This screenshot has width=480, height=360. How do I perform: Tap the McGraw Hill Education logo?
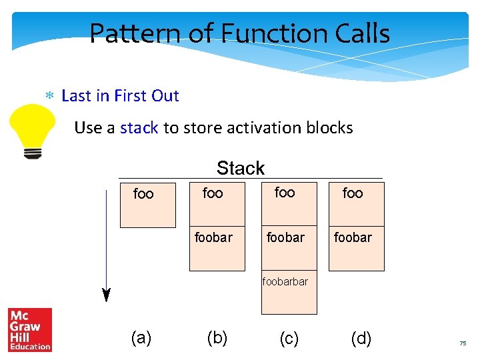point(29,329)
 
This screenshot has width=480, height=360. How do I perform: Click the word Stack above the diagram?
point(241,168)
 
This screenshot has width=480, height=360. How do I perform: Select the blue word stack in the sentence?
point(139,127)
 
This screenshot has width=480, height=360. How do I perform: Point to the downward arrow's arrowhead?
point(105,295)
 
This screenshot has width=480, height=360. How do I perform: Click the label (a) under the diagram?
point(141,338)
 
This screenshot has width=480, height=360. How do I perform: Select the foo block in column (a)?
point(147,205)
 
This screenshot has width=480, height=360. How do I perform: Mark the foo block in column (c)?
point(289,203)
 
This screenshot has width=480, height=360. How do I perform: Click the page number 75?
point(463,343)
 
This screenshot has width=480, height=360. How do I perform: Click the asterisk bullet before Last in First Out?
point(49,96)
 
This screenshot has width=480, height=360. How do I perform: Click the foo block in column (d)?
point(356,203)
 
